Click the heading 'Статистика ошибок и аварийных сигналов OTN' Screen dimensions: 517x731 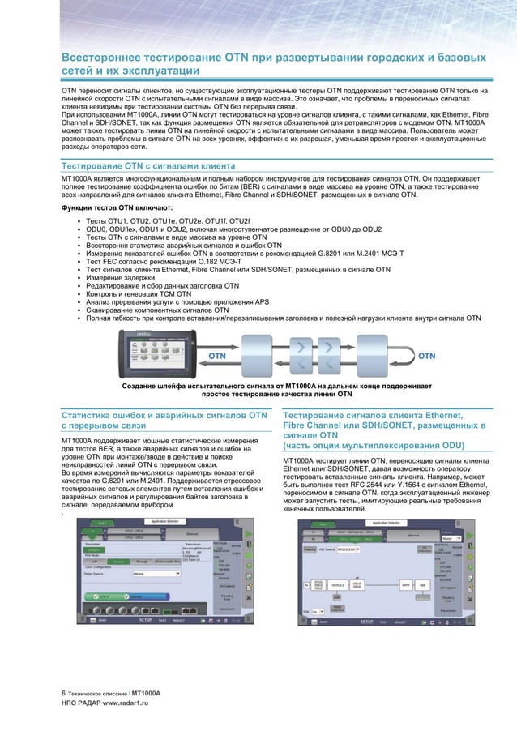pyautogui.click(x=164, y=416)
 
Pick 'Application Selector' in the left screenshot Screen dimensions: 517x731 pyautogui.click(x=158, y=524)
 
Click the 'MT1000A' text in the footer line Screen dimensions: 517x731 pyautogui.click(x=147, y=695)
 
